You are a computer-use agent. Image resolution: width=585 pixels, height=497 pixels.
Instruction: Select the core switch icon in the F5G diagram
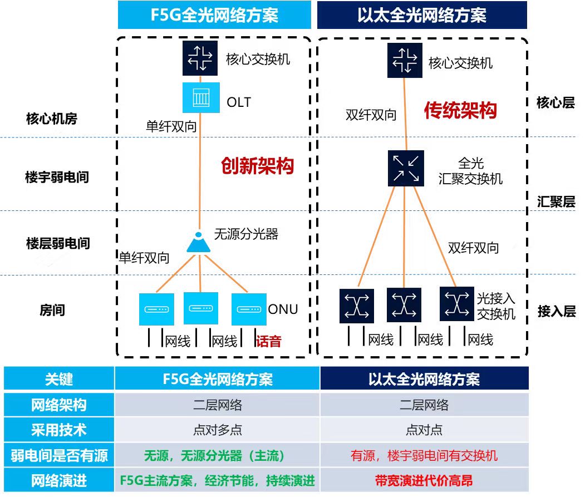pos(199,58)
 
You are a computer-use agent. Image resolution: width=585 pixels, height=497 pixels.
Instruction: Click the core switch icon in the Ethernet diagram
pos(405,60)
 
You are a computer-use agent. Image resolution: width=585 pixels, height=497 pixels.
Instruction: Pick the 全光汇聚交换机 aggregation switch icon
pos(406,168)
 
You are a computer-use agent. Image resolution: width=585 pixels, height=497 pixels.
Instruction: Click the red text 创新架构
pos(257,165)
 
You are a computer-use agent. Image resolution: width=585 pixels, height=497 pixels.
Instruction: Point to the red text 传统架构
pos(460,110)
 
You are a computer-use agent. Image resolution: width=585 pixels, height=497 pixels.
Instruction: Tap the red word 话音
pos(268,341)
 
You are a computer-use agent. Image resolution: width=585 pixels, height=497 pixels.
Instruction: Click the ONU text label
pos(283,309)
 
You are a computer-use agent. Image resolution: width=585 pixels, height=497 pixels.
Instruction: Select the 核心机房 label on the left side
pos(52,119)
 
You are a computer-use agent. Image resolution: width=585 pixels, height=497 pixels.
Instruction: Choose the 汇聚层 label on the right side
pos(556,201)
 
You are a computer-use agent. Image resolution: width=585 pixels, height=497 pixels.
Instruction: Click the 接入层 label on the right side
pos(556,311)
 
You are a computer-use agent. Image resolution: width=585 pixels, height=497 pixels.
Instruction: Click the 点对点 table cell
pos(424,430)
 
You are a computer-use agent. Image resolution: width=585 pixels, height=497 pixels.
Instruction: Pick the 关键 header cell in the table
pos(58,380)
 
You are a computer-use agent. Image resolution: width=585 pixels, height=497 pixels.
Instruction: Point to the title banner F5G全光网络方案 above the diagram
pos(214,14)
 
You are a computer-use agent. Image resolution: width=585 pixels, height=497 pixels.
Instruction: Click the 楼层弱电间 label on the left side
pos(58,243)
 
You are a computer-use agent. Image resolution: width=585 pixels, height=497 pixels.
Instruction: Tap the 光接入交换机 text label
pos(495,306)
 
